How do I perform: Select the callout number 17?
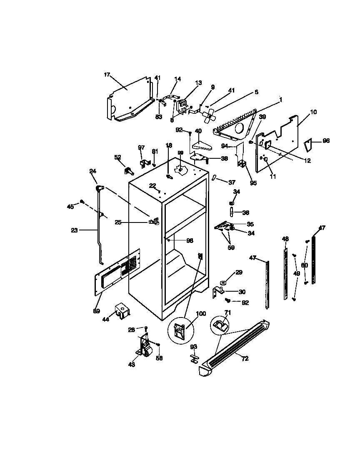click(x=107, y=75)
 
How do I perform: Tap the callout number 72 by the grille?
click(x=245, y=358)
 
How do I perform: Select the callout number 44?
click(x=105, y=319)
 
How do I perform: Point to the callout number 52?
click(x=117, y=157)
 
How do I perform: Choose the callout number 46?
click(x=285, y=239)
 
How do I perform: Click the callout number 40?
click(x=198, y=131)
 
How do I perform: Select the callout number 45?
click(x=70, y=206)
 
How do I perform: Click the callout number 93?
click(x=194, y=347)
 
